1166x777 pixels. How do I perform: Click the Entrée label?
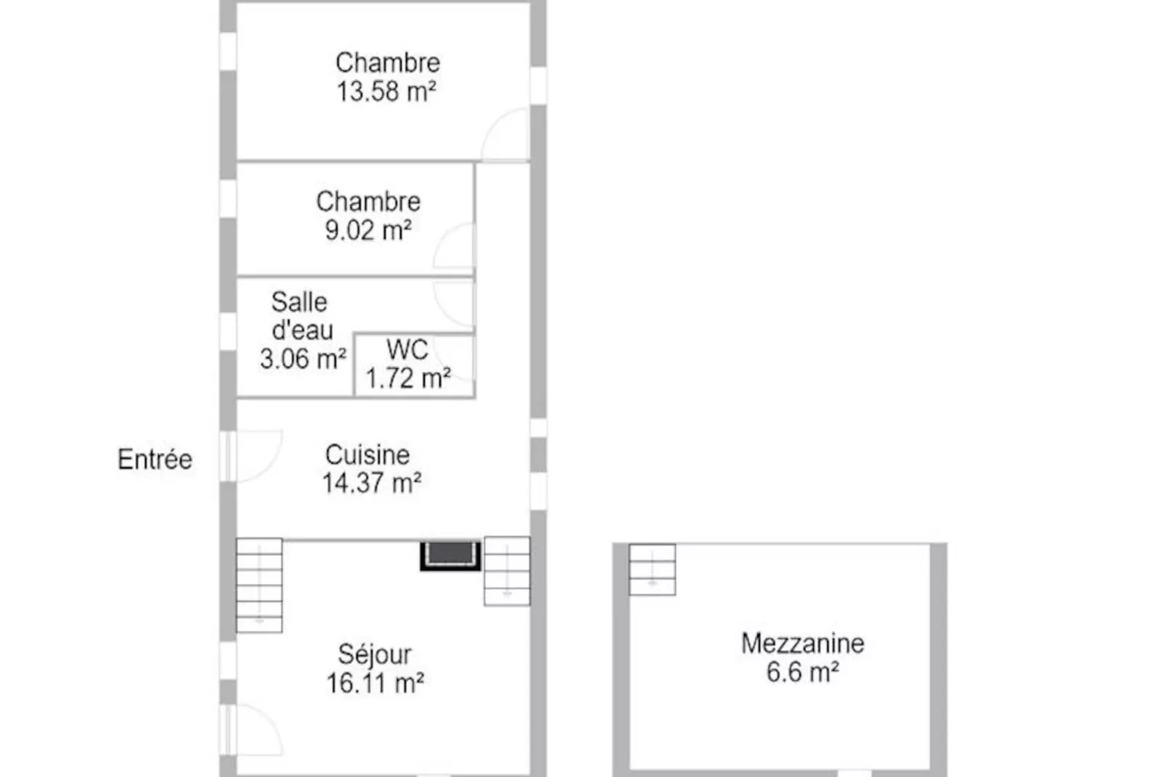pos(155,460)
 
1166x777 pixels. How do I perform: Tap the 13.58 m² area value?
pos(386,91)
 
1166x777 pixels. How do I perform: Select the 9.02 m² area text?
pos(369,229)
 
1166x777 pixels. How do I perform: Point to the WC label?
pos(407,349)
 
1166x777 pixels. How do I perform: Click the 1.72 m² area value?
pos(409,378)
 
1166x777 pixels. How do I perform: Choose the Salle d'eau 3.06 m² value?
pos(303,359)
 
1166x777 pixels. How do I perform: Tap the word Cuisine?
pos(367,455)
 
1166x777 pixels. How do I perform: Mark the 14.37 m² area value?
pos(372,483)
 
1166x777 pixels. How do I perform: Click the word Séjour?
pos(375,654)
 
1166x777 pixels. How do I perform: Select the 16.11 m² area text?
pos(375,683)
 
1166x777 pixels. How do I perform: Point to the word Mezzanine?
pos(803,643)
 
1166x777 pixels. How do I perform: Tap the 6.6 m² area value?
pos(803,671)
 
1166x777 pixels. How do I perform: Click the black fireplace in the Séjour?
pos(450,556)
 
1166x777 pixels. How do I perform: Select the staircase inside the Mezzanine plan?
pos(652,570)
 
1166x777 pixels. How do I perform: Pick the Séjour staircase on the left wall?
pos(259,585)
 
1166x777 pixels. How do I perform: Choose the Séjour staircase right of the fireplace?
pos(507,571)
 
